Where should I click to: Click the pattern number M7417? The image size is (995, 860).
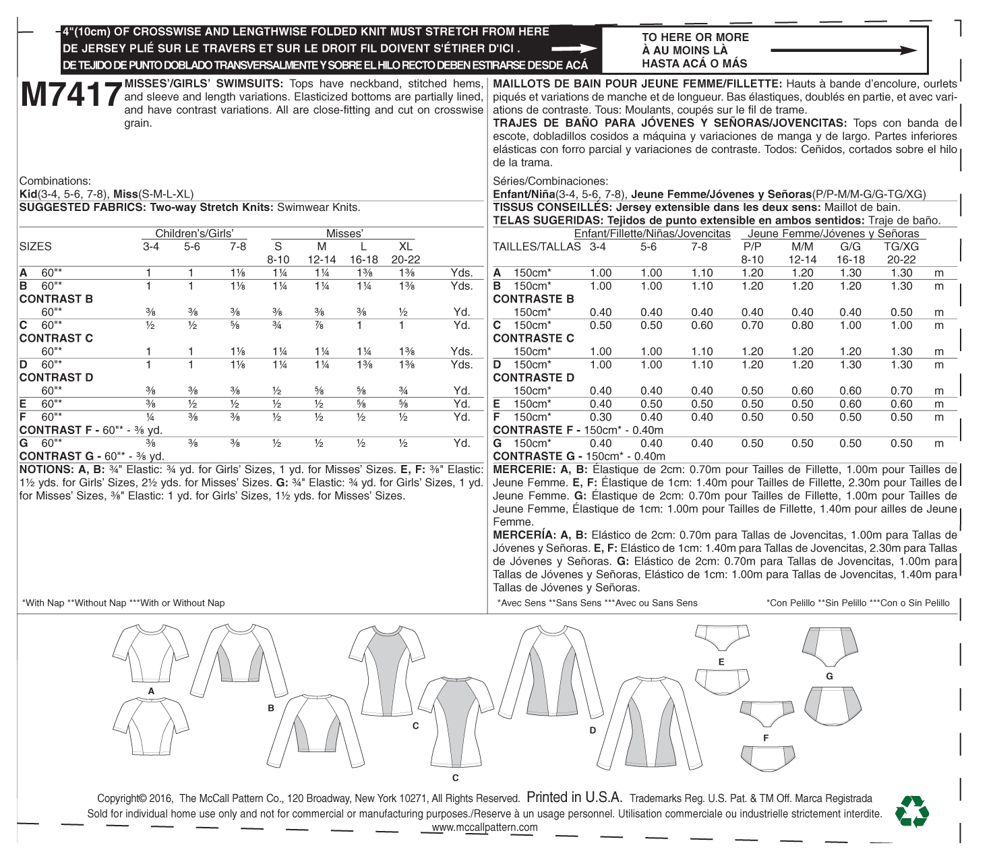pos(70,96)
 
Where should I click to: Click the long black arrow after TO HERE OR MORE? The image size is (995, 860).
pos(843,51)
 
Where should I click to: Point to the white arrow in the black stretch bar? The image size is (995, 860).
pos(574,49)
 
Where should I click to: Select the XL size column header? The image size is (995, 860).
pos(405,247)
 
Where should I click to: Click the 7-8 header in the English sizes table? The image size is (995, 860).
pos(238,247)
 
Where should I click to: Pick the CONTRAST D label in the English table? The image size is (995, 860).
pos(56,377)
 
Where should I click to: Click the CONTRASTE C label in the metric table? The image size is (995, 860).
pos(533,338)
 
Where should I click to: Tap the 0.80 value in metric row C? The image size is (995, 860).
pos(802,326)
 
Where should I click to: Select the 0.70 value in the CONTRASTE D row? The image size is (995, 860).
pos(901,391)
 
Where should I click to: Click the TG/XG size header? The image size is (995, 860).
pos(901,247)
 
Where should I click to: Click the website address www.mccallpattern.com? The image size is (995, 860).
pos(485,828)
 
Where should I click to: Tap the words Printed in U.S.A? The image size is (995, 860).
pos(574,797)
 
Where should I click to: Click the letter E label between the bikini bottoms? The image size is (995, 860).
pos(721,662)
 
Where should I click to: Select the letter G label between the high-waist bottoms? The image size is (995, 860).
pos(829,676)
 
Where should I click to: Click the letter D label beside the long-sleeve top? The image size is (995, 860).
pos(593,730)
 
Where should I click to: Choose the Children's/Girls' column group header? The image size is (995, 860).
pos(194,234)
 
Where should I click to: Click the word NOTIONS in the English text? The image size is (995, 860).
pos(46,470)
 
